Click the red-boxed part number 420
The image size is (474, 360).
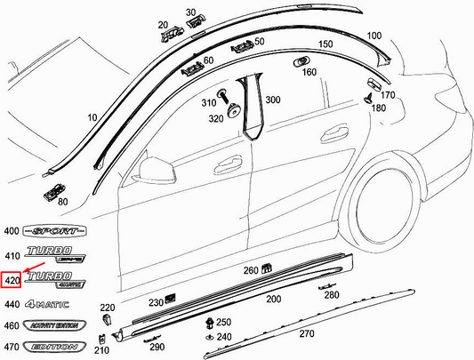pos(12,281)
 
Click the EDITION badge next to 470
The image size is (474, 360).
pos(53,346)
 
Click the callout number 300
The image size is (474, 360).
pos(272,100)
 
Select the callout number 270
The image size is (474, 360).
pos(306,334)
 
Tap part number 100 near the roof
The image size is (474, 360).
pos(374,36)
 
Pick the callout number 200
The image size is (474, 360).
pos(273,300)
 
